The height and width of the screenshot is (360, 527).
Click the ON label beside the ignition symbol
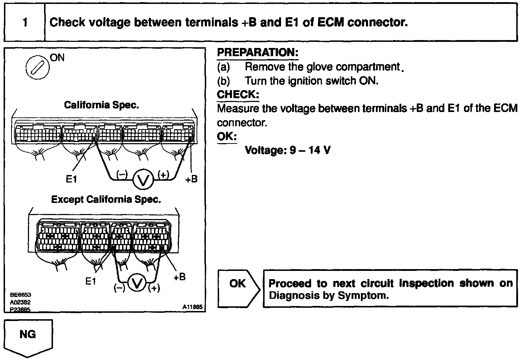coord(57,58)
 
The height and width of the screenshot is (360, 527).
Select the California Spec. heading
coord(101,105)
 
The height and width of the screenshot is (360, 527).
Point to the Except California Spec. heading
coord(106,199)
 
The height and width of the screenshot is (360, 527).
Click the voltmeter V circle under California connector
coord(143,180)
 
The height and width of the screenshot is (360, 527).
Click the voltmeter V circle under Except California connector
coord(137,284)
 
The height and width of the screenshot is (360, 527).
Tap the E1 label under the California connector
coord(71,179)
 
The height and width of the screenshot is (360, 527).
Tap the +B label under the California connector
coord(191,179)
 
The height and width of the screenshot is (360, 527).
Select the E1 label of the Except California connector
coord(91,281)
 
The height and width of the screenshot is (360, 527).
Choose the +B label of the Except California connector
coord(179,277)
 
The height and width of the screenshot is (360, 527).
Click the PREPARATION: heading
coord(257,53)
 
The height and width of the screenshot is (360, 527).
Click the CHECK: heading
coord(238,95)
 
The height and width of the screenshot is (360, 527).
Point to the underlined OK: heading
coord(227,137)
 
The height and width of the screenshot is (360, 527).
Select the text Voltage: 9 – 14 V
coord(287,150)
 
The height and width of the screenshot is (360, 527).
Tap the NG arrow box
coord(28,337)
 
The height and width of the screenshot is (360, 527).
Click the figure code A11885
coord(193,307)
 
